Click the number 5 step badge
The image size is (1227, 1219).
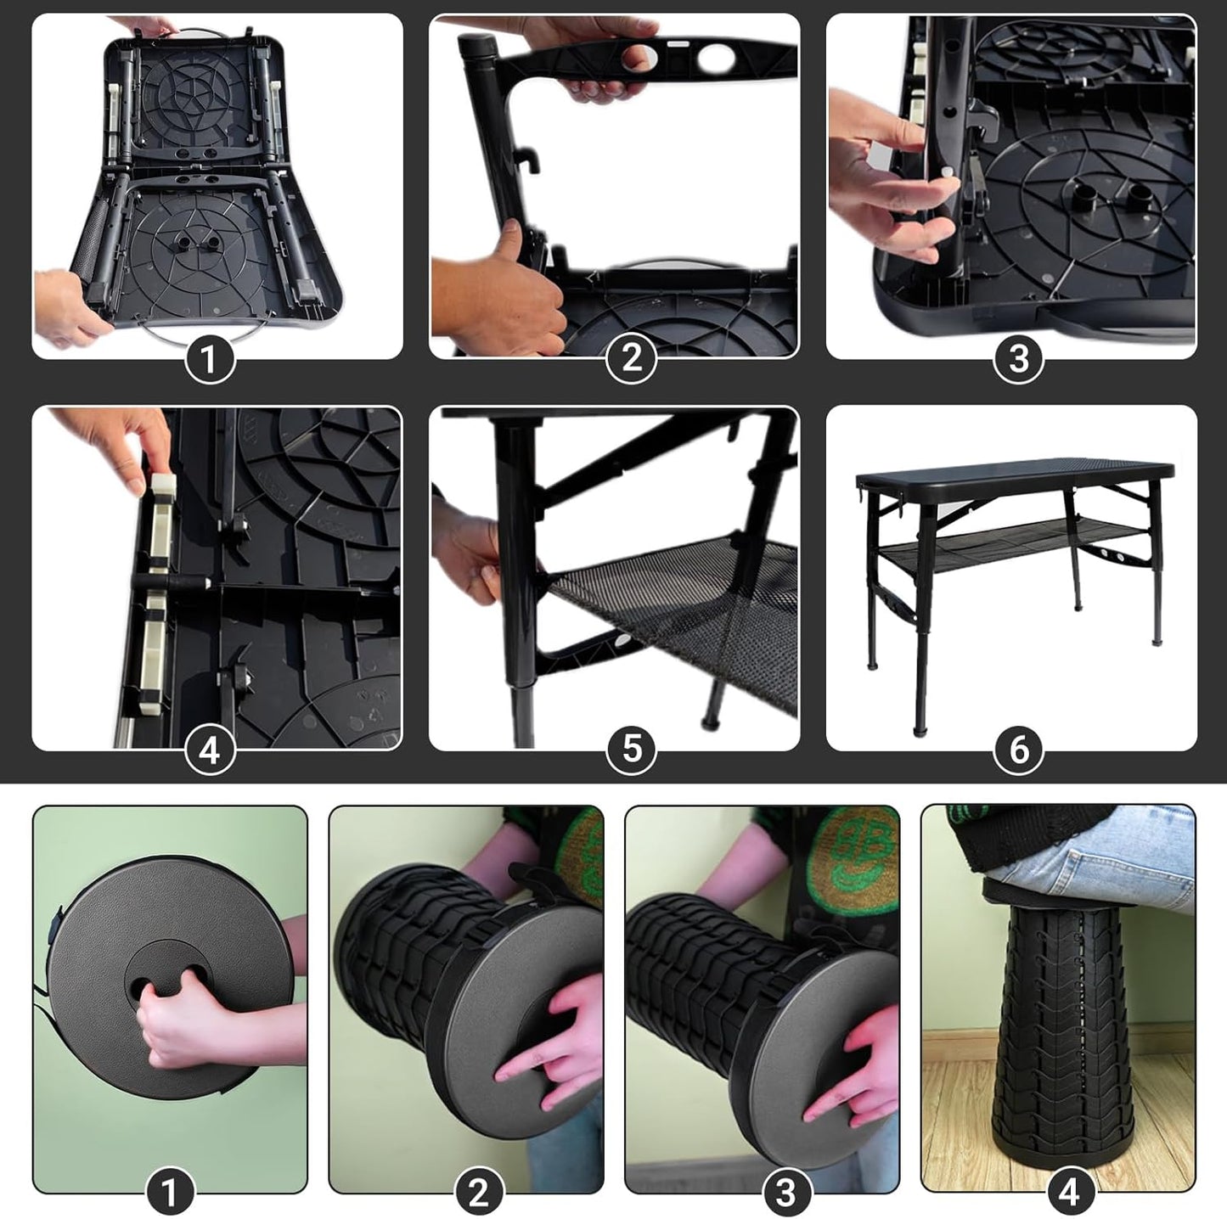[632, 750]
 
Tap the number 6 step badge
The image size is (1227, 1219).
[1019, 750]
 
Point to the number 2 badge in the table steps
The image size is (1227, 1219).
[632, 359]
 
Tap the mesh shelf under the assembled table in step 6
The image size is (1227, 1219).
[1015, 538]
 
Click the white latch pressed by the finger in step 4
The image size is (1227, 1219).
[161, 491]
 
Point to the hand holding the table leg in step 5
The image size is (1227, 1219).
[467, 552]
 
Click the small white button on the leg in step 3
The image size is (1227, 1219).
[944, 171]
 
